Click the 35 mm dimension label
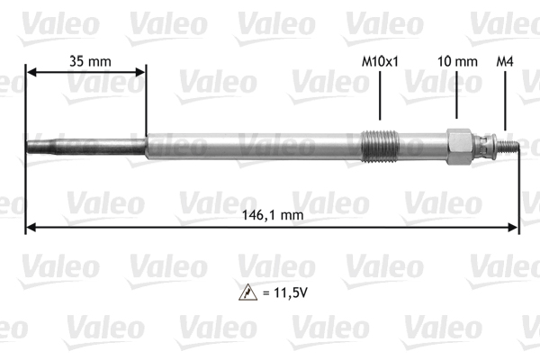90,61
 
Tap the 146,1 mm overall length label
273,215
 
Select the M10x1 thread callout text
380,62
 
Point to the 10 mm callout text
457,62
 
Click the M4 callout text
505,62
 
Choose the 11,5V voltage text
284,292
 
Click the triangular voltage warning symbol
248,292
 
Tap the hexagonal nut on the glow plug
459,147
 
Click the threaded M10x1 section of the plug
381,147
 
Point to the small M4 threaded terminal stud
508,146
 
